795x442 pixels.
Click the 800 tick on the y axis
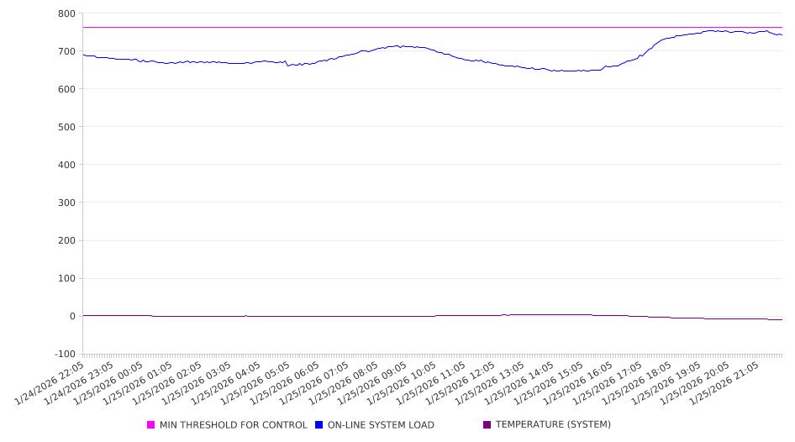[66, 13]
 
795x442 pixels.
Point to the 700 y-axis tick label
[66, 51]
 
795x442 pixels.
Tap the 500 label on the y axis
[66, 127]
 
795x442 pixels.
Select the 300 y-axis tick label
[66, 203]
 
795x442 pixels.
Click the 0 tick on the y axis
[72, 316]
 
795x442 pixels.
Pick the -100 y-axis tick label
[64, 354]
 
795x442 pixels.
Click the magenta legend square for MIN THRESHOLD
[151, 425]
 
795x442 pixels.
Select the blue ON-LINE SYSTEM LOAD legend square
[319, 425]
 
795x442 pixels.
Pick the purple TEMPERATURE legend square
[487, 425]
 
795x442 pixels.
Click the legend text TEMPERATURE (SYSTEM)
[553, 425]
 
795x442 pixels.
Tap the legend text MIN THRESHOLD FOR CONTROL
[234, 425]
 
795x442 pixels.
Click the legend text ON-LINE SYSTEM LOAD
[381, 425]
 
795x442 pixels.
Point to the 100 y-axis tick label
[66, 278]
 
